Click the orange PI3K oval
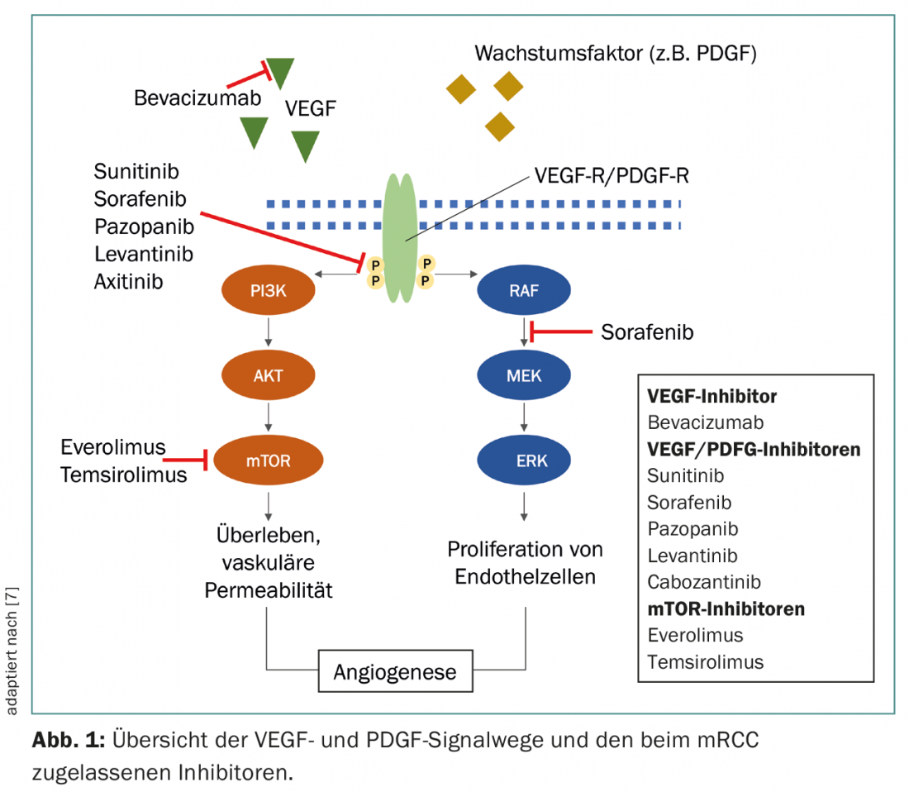click(268, 290)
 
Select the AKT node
click(268, 375)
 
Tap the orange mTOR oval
click(268, 459)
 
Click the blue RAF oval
click(523, 290)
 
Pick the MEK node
click(523, 375)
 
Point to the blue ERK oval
click(523, 459)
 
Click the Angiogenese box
click(394, 671)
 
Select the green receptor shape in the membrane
click(402, 240)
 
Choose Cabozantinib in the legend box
click(704, 582)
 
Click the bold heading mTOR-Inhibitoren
click(726, 609)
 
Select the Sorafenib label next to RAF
click(647, 332)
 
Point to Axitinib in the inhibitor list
click(128, 280)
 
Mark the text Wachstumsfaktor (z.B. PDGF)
click(616, 55)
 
